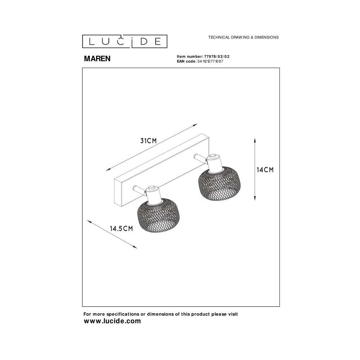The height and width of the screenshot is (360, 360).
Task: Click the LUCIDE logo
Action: [x=125, y=41]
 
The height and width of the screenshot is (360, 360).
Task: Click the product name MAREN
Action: [x=97, y=59]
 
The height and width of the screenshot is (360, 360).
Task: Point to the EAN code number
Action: [x=210, y=61]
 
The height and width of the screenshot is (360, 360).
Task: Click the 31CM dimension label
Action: [x=149, y=141]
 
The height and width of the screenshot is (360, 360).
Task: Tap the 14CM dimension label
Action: [x=265, y=170]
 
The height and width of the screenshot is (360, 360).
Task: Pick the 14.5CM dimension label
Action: [x=121, y=229]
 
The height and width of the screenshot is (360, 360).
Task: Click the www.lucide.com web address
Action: [x=112, y=321]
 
